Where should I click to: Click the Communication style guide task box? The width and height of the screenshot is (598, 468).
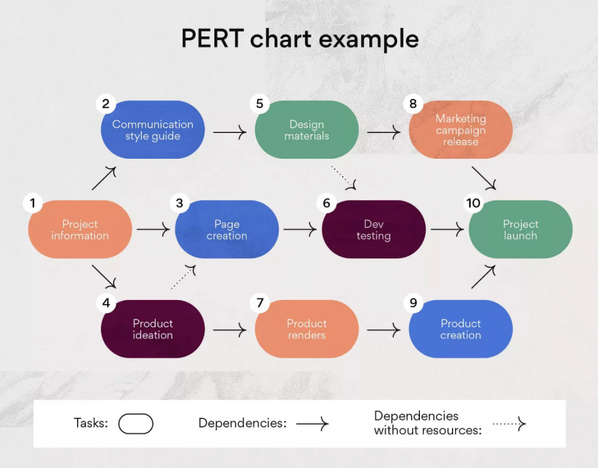click(x=152, y=130)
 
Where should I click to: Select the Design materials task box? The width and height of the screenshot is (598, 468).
click(x=307, y=130)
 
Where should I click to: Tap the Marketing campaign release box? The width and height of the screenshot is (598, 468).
click(x=461, y=130)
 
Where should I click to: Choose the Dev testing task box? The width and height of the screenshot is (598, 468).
click(x=374, y=229)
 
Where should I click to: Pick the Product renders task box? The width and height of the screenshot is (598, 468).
click(x=307, y=329)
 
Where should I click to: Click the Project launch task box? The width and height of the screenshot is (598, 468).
click(x=520, y=229)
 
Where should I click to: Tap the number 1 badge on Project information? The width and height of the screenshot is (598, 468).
click(x=33, y=202)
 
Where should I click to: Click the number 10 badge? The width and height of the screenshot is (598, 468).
click(x=473, y=202)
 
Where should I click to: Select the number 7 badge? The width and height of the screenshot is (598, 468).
click(x=260, y=303)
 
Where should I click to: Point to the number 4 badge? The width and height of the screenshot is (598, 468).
click(x=106, y=303)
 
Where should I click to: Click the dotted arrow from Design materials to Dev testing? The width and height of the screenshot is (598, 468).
click(x=343, y=177)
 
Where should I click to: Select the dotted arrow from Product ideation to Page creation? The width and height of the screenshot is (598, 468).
click(x=183, y=277)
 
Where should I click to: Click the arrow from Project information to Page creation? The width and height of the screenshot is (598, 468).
click(x=154, y=229)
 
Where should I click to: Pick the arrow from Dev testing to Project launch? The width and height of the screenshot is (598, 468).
click(x=447, y=229)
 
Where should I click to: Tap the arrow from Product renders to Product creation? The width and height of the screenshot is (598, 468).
click(x=383, y=330)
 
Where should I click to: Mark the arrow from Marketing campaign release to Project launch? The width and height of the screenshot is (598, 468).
click(x=484, y=178)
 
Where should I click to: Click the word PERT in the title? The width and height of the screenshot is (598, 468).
click(x=213, y=39)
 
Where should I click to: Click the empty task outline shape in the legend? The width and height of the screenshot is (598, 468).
click(x=135, y=424)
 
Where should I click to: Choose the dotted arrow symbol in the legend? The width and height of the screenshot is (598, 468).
click(x=509, y=424)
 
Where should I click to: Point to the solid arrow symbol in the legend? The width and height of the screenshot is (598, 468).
click(x=312, y=424)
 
